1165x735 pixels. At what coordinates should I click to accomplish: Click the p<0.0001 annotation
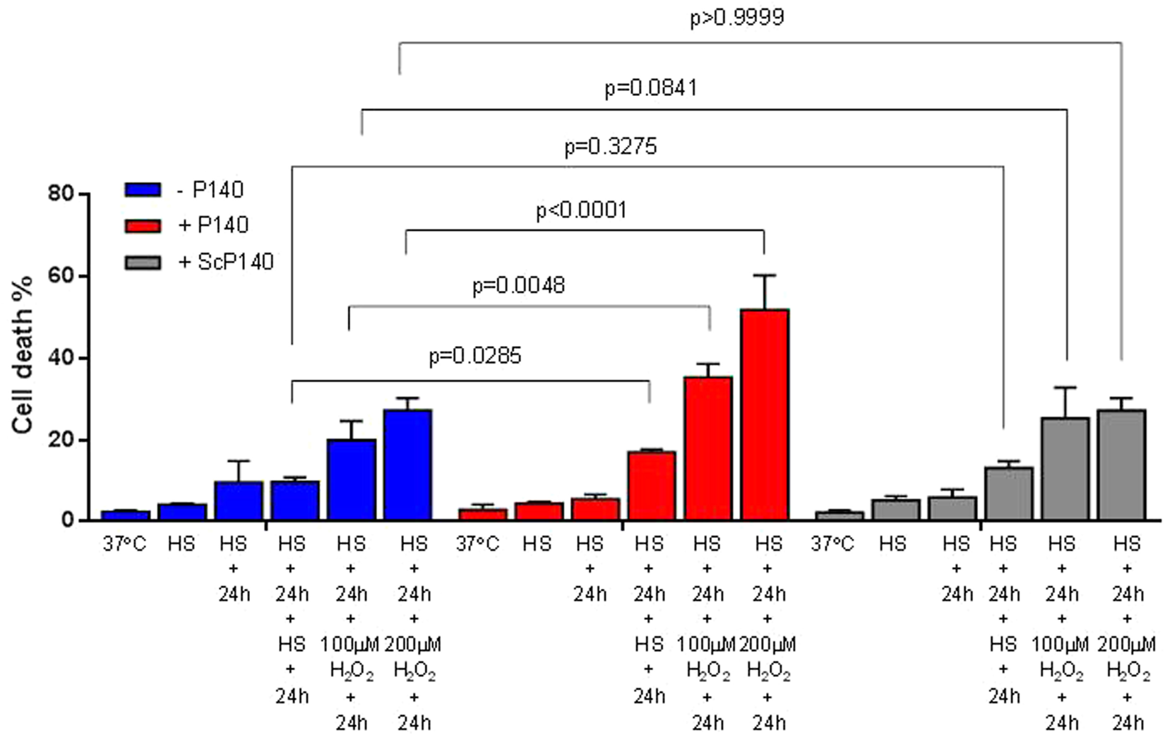tap(581, 210)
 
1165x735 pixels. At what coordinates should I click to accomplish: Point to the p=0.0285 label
tap(475, 356)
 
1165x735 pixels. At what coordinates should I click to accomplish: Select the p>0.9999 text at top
tap(736, 17)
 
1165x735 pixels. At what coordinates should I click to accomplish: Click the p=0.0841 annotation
tap(651, 88)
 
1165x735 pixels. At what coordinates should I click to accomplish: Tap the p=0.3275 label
tap(611, 147)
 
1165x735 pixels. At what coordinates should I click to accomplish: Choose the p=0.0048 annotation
tap(519, 285)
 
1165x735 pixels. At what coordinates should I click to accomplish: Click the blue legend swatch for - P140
tap(143, 190)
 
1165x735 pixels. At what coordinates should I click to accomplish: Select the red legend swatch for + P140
tap(143, 225)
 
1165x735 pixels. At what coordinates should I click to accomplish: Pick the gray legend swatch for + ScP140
tap(143, 262)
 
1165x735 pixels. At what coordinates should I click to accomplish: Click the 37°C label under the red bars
tap(477, 544)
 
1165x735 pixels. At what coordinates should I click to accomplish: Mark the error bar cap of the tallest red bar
tap(765, 275)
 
